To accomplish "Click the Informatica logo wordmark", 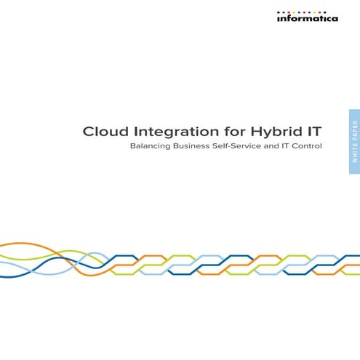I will [307, 19].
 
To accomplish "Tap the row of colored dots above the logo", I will [307, 12].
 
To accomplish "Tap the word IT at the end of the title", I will [312, 132].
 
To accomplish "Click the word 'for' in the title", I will [220, 132].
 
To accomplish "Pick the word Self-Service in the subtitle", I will [247, 146].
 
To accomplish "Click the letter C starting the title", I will [88, 132].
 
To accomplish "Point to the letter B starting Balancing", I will [132, 146].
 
